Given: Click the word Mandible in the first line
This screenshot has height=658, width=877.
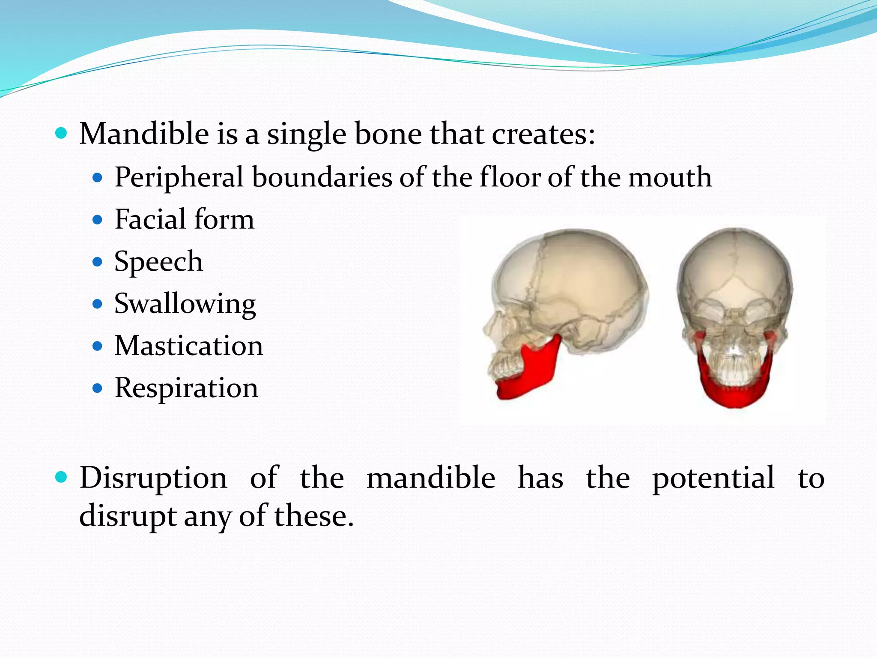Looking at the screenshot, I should point(144,134).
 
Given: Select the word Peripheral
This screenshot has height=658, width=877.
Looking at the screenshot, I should point(179,177).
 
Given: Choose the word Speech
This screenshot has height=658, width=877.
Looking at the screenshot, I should point(158,262).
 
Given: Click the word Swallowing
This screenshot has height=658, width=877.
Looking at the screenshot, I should point(185,304).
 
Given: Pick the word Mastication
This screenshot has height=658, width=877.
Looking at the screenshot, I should point(188,346).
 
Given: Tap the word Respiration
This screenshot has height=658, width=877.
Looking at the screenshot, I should point(186,388).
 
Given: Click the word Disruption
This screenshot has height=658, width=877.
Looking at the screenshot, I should point(153,478).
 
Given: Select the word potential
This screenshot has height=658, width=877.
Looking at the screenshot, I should point(713,478).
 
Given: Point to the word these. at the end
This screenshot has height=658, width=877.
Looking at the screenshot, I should point(313,516).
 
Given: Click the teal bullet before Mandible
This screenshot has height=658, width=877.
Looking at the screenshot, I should point(62,133).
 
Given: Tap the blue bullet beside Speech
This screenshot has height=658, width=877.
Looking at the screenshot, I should point(98,262).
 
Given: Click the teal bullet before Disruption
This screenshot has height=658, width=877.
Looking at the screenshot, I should point(62,477).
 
